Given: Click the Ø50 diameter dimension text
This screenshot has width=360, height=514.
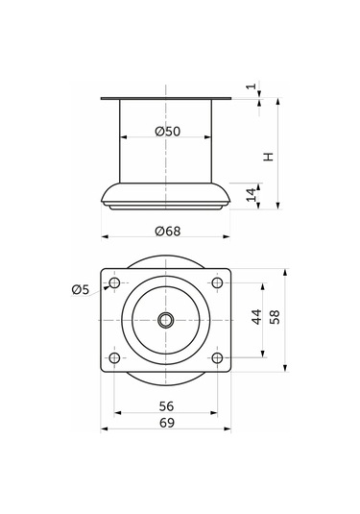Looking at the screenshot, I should point(167,131).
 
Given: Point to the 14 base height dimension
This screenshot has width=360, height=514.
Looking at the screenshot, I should point(252,195).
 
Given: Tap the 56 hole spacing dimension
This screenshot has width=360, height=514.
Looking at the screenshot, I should point(167,405).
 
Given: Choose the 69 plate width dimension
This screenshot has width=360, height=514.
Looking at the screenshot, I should point(167,423).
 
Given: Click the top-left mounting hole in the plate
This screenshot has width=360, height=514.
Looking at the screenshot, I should point(115,283).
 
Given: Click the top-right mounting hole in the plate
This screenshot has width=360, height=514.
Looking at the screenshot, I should point(218,283).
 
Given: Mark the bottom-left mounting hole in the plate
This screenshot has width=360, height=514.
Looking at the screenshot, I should point(115,358).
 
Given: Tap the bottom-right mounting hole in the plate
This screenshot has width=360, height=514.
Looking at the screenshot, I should point(218,358).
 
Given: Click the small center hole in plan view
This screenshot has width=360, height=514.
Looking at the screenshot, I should point(166,320).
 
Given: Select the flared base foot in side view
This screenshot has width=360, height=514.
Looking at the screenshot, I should point(166,194).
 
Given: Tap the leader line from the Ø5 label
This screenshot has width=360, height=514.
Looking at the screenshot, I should point(100,286).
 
